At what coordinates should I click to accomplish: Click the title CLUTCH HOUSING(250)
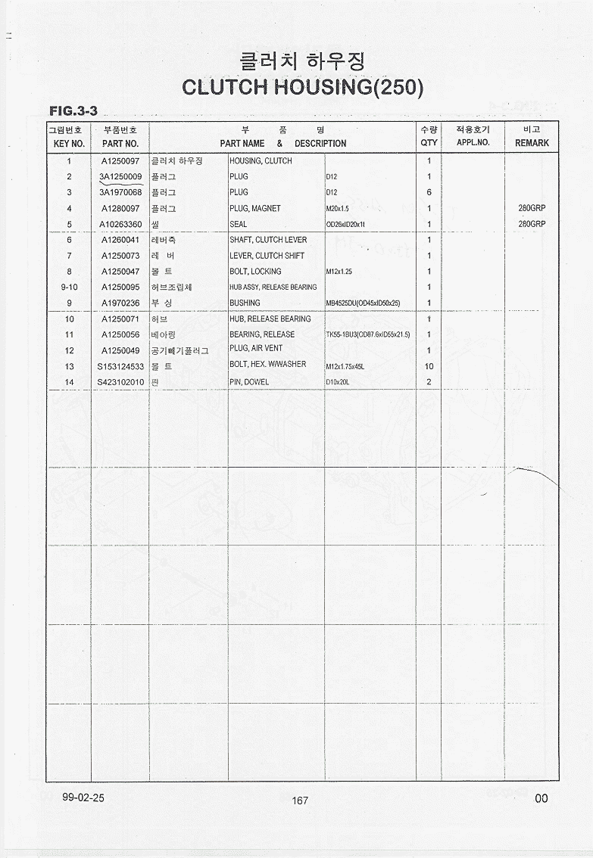click(302, 87)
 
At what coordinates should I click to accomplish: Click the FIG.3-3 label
click(73, 111)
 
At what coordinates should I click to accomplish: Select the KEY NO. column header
click(69, 143)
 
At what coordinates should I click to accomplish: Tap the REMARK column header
click(532, 143)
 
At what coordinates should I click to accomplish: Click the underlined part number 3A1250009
click(120, 177)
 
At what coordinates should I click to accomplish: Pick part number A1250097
click(120, 161)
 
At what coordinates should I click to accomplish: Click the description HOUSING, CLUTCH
click(261, 161)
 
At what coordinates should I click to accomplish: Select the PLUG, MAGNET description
click(254, 208)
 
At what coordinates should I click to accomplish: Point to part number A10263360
click(120, 225)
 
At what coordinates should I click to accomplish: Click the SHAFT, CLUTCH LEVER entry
click(268, 240)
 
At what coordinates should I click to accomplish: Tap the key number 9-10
click(69, 288)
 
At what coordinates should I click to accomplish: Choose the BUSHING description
click(245, 303)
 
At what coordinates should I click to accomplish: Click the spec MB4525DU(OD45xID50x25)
click(363, 303)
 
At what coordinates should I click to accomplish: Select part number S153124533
click(120, 366)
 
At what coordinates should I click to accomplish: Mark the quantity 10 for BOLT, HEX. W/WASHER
click(429, 366)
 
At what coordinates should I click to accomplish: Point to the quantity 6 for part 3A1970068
click(429, 192)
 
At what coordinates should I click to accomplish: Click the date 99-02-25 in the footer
click(84, 797)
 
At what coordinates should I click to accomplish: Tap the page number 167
click(300, 800)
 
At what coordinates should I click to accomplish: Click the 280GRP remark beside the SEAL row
click(532, 225)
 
